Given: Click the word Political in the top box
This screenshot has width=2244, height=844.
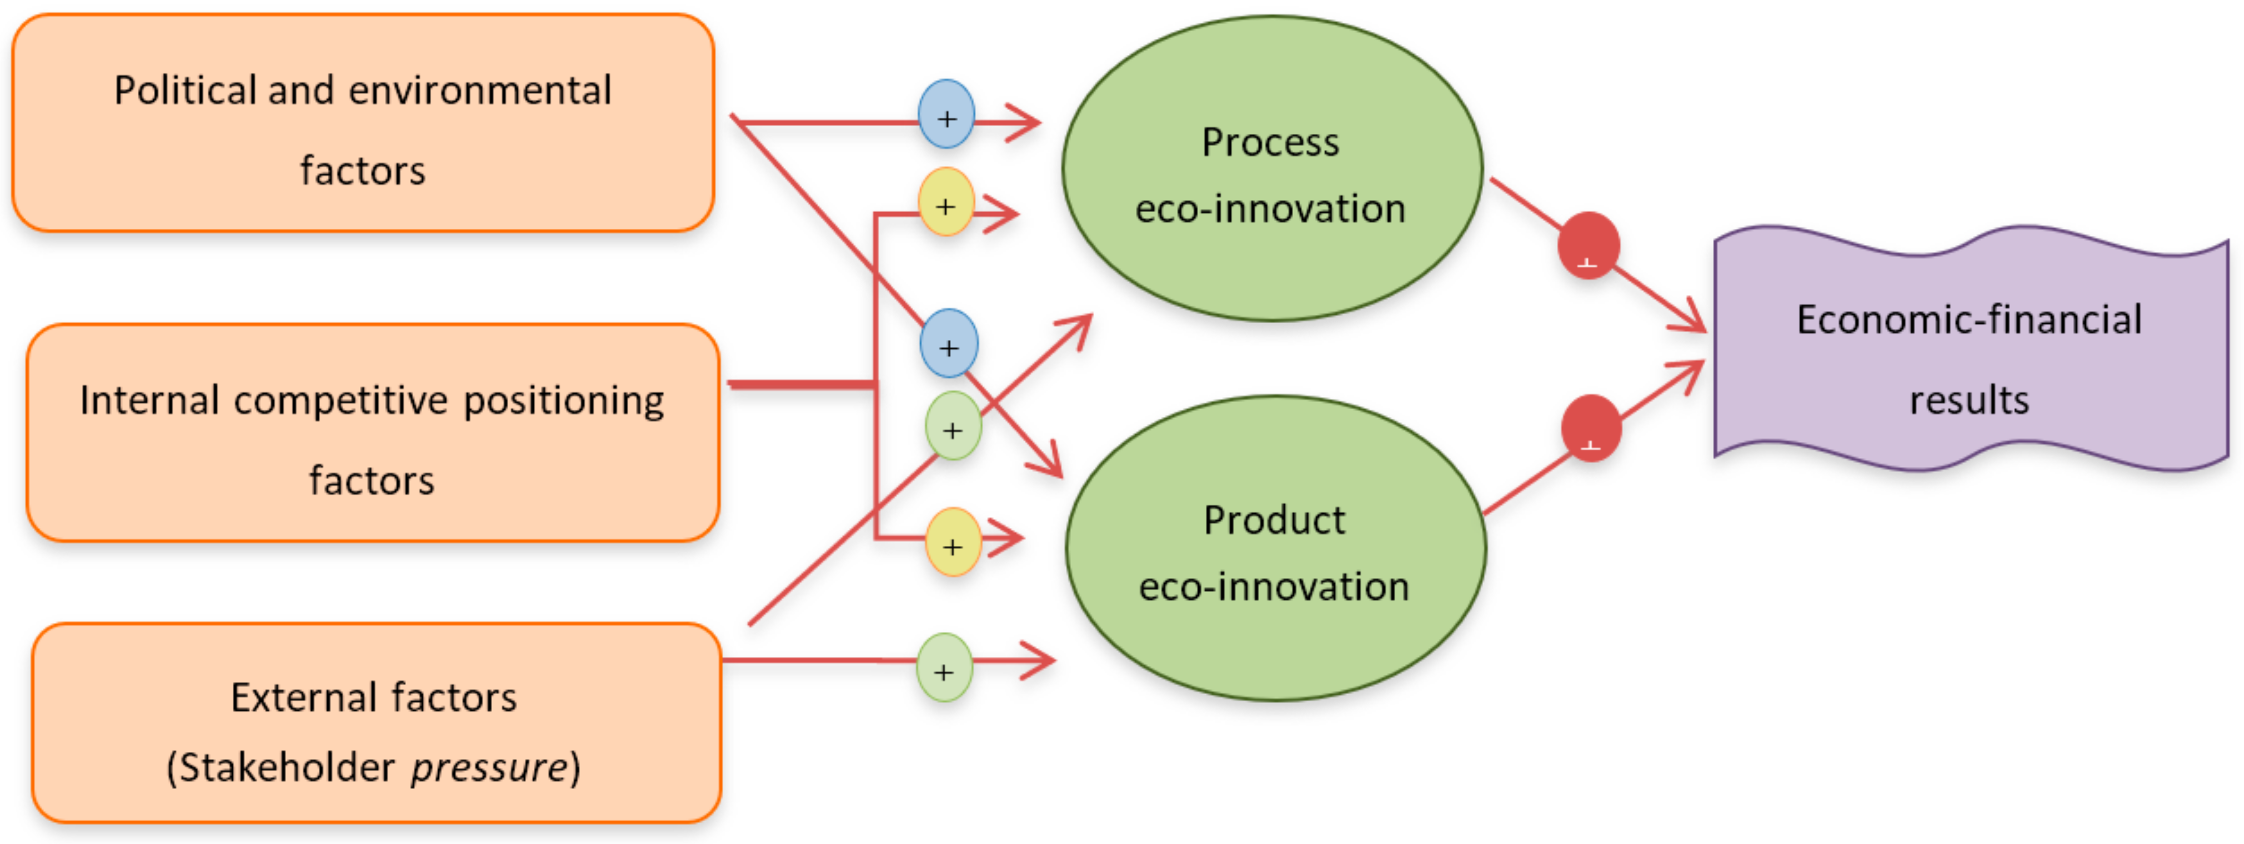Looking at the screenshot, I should click(184, 91).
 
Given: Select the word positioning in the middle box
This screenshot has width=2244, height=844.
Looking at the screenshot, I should click(564, 401).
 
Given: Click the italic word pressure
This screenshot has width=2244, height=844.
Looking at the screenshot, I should click(489, 767).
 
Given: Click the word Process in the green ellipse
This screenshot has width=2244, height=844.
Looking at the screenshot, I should click(1270, 143).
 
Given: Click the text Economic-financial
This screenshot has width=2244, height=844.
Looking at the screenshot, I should click(1968, 320).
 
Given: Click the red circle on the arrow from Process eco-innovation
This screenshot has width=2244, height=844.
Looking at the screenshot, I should click(1588, 245).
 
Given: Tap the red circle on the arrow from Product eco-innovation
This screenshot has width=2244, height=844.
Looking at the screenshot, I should click(1591, 428).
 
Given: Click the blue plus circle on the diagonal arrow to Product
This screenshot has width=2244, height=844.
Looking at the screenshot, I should click(949, 344).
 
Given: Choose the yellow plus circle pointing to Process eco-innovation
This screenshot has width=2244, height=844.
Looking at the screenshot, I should click(945, 203).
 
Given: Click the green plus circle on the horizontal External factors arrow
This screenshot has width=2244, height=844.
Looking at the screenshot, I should click(944, 668).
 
